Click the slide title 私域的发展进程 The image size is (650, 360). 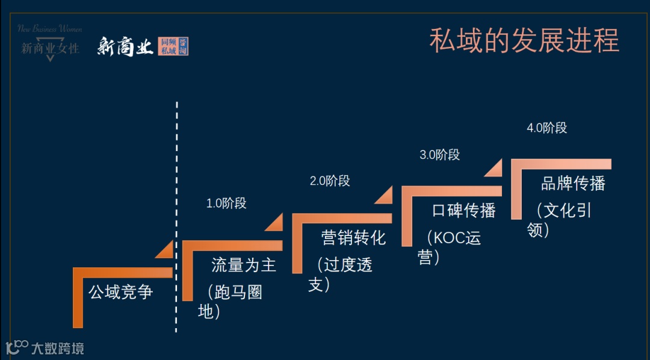(524, 40)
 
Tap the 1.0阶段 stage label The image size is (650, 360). (226, 203)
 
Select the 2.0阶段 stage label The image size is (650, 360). (330, 181)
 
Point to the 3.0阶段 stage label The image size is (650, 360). (439, 155)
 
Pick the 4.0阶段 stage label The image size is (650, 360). (546, 128)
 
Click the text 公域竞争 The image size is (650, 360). (121, 293)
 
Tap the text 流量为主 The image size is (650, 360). (243, 264)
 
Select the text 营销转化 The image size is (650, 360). (353, 237)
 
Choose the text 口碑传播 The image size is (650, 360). (463, 211)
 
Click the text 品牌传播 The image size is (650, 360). (573, 184)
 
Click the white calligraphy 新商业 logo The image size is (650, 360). (125, 46)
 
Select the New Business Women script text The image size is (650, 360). (50, 29)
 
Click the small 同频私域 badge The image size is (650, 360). (173, 46)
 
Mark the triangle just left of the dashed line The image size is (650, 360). (166, 250)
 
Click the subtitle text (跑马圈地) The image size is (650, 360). (232, 302)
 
